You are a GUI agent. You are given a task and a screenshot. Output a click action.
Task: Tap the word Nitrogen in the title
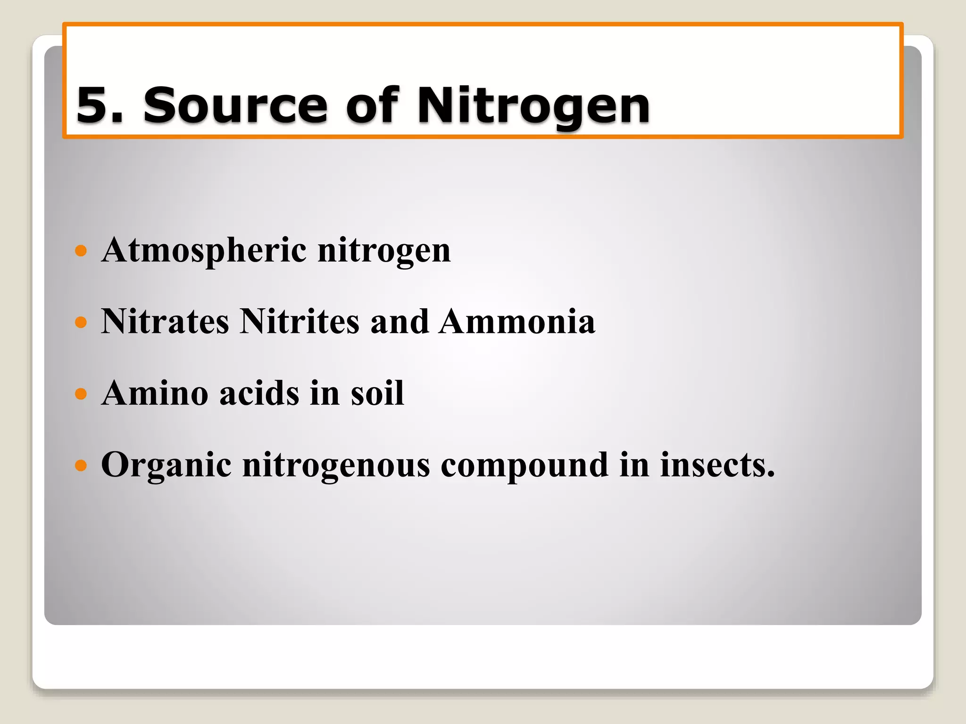click(533, 106)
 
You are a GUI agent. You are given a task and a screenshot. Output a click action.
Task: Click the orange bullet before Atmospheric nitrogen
click(81, 250)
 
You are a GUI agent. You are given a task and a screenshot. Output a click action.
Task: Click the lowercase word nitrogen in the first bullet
click(384, 251)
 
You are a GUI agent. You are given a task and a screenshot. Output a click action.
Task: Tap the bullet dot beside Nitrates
click(81, 322)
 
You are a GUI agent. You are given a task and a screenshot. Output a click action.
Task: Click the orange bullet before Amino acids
click(81, 394)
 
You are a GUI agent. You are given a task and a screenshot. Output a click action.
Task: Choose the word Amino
click(155, 393)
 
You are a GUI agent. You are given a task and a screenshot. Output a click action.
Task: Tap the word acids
click(259, 393)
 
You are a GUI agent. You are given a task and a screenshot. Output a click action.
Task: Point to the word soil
click(377, 393)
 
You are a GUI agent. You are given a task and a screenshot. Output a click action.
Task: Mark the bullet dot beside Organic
click(81, 466)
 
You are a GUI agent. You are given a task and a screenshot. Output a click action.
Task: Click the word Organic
click(166, 466)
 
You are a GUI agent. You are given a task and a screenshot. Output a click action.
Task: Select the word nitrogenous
click(336, 466)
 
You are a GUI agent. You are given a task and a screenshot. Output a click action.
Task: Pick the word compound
click(524, 466)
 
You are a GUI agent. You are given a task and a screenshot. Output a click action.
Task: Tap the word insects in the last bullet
click(716, 465)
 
